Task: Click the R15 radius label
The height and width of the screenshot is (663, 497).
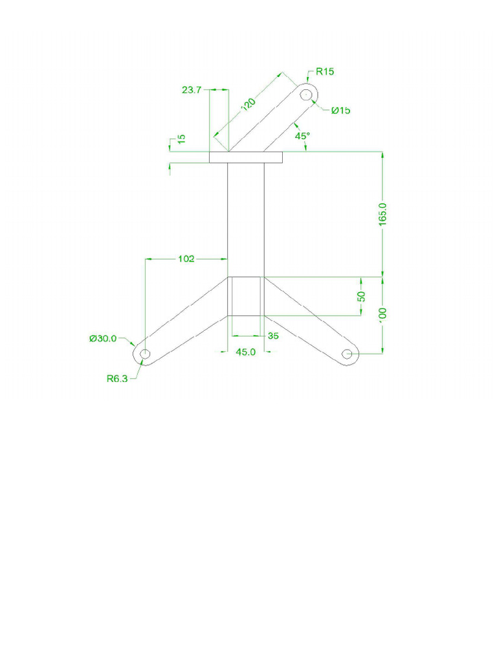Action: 325,72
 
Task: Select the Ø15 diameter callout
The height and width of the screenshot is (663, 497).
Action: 341,111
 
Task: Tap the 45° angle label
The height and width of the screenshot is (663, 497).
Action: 302,137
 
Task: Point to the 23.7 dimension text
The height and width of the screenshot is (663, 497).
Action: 192,90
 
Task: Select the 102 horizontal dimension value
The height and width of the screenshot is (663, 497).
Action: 186,259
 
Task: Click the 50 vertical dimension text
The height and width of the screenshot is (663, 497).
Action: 362,297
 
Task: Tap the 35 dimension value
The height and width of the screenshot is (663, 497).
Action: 272,336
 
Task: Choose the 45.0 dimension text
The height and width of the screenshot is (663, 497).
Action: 246,352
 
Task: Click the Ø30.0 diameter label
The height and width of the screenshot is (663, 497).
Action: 104,338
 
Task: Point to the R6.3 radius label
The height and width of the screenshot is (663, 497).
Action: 118,379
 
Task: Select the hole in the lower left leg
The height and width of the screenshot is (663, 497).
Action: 145,354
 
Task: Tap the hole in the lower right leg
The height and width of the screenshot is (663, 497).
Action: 347,354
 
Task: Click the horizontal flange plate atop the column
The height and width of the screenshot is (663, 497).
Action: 246,157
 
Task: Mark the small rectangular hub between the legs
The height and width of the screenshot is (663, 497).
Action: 246,297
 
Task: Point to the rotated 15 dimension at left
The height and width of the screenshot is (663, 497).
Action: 181,139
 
